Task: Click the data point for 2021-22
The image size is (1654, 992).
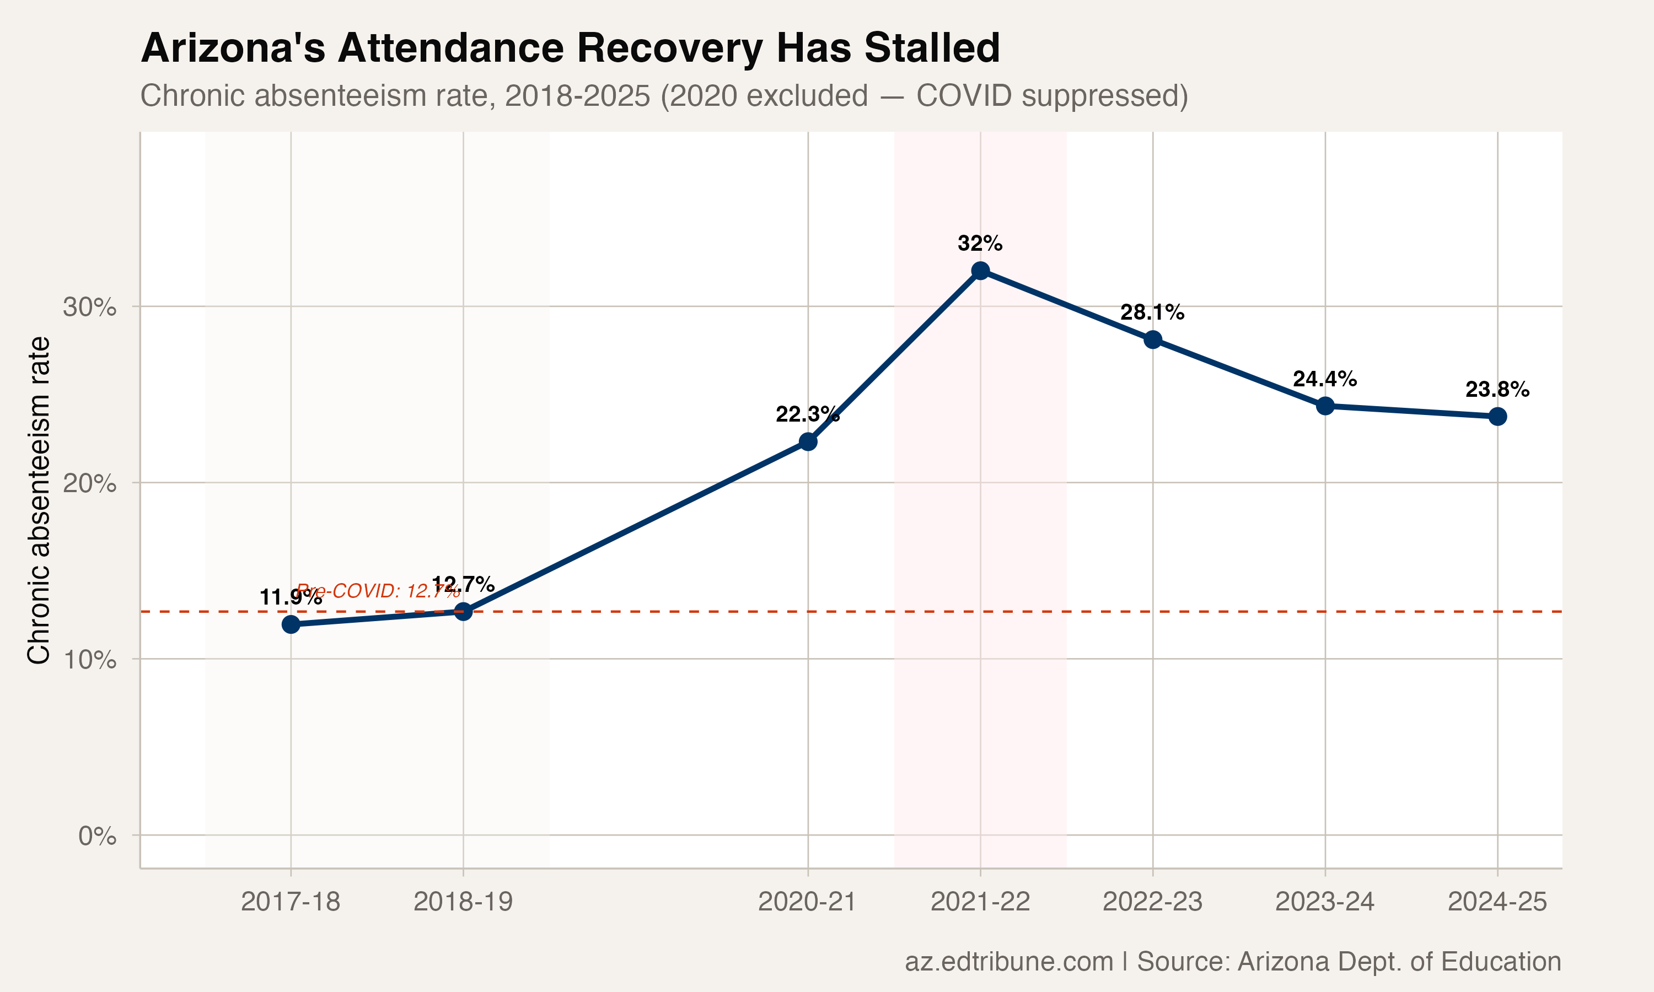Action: (x=980, y=271)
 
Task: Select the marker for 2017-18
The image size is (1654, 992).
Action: (x=291, y=624)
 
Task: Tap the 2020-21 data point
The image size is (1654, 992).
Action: (x=808, y=442)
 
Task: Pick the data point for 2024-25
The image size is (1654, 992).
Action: (x=1497, y=417)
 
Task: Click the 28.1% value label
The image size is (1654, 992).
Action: (x=1152, y=312)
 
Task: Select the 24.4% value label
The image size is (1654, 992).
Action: (x=1324, y=379)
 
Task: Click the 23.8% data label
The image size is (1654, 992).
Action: (x=1497, y=389)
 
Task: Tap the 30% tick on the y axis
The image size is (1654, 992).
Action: (x=89, y=308)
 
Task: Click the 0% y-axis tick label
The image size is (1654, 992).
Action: (x=97, y=835)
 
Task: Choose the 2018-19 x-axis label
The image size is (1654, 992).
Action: (x=463, y=902)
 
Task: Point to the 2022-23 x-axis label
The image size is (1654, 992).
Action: (x=1152, y=902)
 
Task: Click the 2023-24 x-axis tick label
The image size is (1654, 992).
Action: (x=1324, y=902)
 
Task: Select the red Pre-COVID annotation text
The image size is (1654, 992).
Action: (x=378, y=591)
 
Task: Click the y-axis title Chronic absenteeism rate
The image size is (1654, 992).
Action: (x=39, y=500)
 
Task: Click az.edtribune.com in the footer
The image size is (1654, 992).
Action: (x=1008, y=961)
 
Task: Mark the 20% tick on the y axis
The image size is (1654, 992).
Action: (x=89, y=483)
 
